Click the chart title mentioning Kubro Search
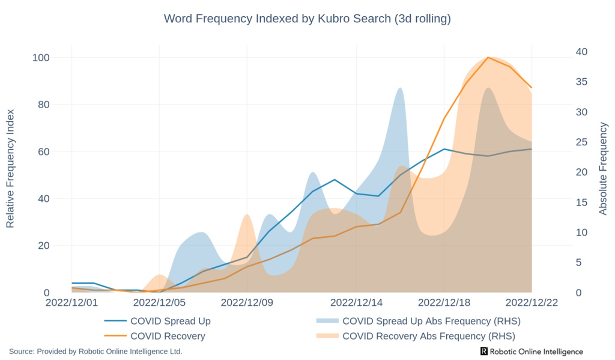click(x=307, y=19)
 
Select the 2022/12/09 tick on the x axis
click(x=247, y=303)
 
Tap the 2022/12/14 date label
click(x=357, y=303)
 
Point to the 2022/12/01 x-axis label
click(x=71, y=303)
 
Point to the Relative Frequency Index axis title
click(x=10, y=168)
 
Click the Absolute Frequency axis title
click(x=603, y=168)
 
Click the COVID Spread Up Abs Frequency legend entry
click(x=431, y=321)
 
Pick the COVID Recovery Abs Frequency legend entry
click(x=428, y=336)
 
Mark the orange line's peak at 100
click(x=488, y=58)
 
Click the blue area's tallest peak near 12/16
click(x=400, y=88)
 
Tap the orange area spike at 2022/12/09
click(x=247, y=215)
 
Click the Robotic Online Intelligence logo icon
click(x=484, y=351)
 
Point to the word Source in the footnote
click(x=21, y=351)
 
